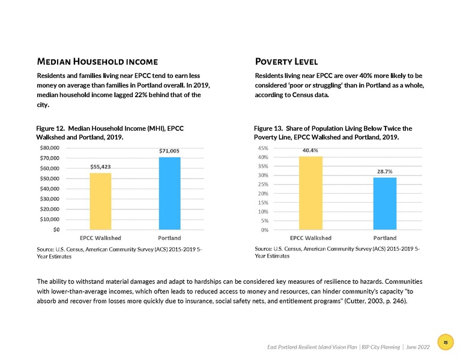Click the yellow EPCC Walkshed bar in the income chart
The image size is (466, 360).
click(101, 200)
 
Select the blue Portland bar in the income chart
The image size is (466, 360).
click(169, 193)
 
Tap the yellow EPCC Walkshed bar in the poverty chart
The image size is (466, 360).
click(310, 193)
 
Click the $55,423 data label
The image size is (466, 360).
click(100, 166)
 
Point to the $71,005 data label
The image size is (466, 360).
click(169, 151)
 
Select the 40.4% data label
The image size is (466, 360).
click(310, 151)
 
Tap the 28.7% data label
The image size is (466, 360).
click(384, 172)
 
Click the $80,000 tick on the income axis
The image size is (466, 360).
click(49, 148)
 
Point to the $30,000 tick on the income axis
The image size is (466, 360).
click(49, 199)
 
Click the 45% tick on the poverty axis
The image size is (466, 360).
click(262, 148)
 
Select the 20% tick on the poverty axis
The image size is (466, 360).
click(262, 193)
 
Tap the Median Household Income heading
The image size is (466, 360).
click(97, 61)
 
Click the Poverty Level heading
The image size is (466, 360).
click(286, 61)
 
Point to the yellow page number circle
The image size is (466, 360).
click(446, 342)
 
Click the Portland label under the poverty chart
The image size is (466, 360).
click(384, 238)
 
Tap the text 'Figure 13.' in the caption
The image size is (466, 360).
click(269, 128)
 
